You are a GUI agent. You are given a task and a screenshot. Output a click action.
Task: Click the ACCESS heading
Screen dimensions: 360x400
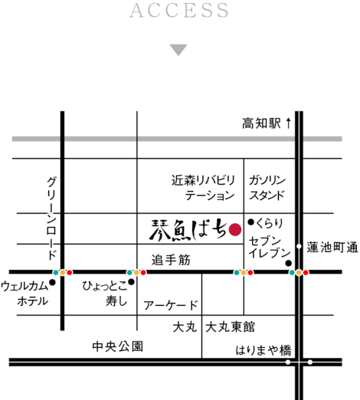click(179, 11)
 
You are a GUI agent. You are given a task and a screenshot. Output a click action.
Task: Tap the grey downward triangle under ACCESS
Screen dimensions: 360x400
click(178, 50)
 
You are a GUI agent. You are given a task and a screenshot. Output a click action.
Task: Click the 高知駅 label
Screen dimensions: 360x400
click(261, 123)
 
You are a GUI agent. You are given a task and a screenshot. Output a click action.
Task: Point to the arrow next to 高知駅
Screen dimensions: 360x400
click(288, 123)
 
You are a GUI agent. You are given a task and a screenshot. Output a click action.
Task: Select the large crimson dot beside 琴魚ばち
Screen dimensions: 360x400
click(235, 229)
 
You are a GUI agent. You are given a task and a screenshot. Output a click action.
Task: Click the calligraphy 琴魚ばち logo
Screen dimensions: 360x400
click(188, 230)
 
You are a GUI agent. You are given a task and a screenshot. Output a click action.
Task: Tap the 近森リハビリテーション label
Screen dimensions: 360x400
click(203, 188)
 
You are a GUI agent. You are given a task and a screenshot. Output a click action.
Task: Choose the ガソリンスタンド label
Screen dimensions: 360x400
click(267, 188)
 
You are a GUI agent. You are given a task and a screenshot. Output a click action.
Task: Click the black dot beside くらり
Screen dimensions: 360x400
click(251, 222)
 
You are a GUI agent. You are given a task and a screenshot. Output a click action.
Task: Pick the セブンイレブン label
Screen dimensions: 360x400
click(270, 247)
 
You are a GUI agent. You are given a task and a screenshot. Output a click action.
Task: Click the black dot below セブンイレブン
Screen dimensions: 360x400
click(288, 263)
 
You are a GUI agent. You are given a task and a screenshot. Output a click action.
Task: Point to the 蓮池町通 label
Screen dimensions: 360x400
click(332, 248)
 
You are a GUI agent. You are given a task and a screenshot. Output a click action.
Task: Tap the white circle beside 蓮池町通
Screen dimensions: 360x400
click(299, 246)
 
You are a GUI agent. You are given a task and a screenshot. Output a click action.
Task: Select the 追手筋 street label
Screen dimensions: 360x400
click(171, 260)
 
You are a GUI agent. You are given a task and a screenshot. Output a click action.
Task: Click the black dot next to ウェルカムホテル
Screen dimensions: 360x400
click(53, 282)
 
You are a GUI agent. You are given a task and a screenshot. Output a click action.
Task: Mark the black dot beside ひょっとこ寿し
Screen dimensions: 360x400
click(131, 282)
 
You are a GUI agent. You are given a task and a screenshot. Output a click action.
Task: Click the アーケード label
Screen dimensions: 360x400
click(171, 305)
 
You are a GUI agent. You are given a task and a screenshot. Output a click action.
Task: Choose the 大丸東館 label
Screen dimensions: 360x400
click(230, 327)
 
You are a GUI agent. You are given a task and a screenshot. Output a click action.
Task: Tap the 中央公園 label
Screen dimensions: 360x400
click(118, 346)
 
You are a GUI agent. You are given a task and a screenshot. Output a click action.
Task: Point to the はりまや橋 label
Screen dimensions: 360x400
click(263, 350)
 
